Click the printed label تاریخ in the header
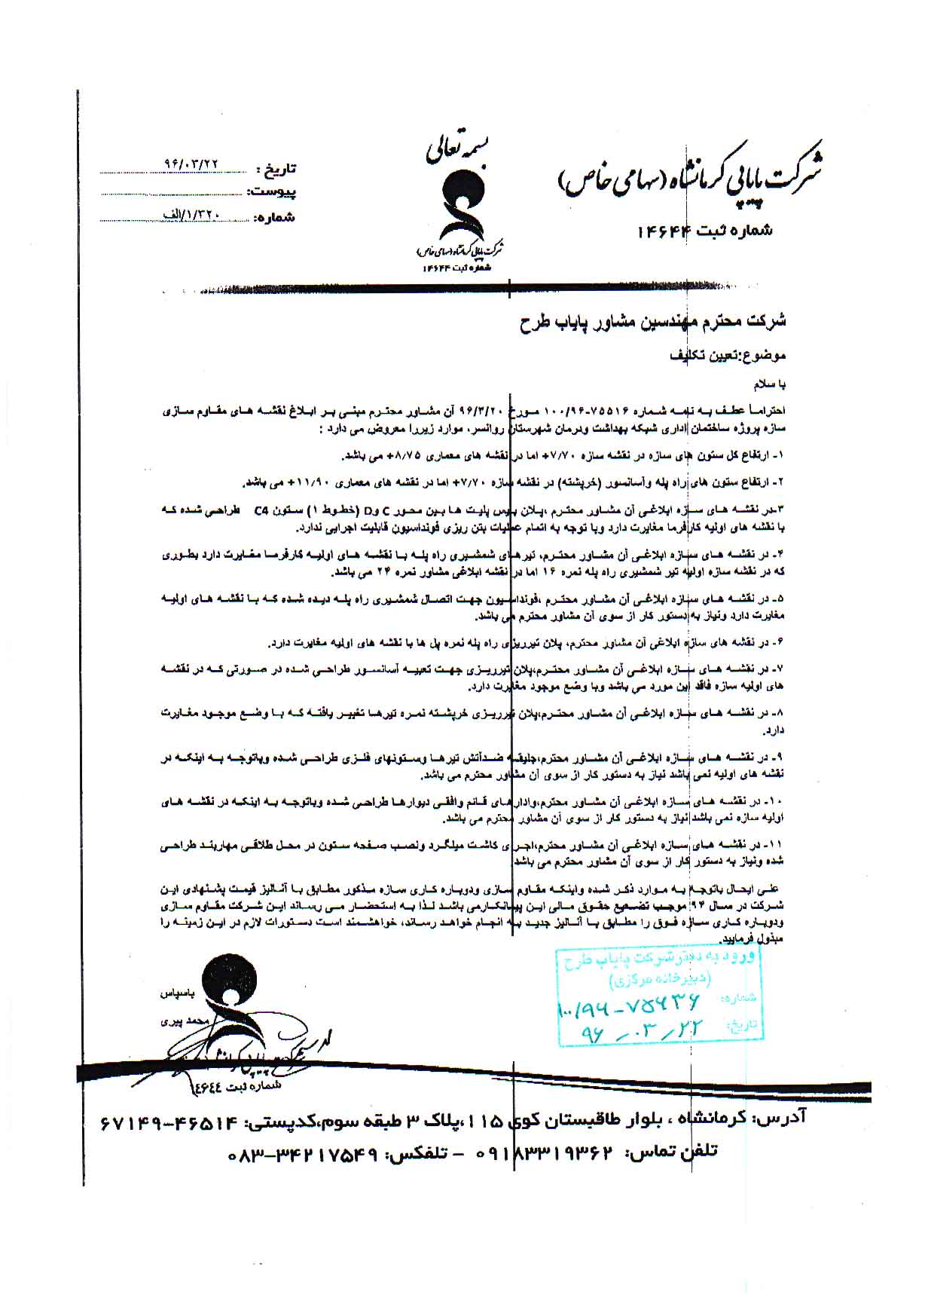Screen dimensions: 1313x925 pyautogui.click(x=276, y=167)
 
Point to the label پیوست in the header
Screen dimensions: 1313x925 pyautogui.click(x=273, y=192)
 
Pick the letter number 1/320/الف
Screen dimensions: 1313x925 pyautogui.click(x=192, y=214)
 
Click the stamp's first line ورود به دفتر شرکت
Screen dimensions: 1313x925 pyautogui.click(x=658, y=959)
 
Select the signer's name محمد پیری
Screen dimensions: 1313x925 pyautogui.click(x=178, y=1022)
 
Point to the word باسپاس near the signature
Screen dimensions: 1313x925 pyautogui.click(x=179, y=993)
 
